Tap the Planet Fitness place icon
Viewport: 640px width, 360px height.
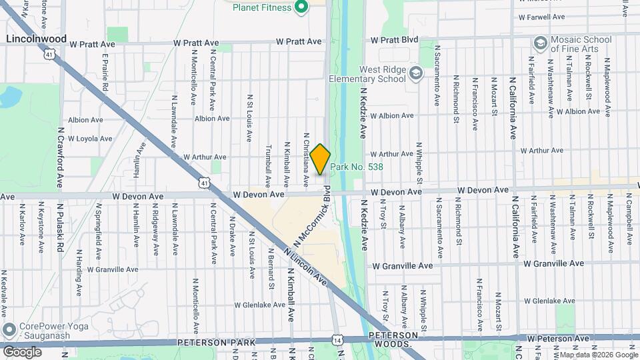click(x=301, y=7)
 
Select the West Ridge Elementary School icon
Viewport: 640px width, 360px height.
click(x=416, y=73)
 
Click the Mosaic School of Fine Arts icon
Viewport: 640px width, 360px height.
click(x=540, y=43)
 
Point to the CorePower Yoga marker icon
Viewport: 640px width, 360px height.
click(x=9, y=330)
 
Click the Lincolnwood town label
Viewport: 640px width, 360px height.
click(x=36, y=39)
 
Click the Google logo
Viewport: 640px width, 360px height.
click(x=22, y=351)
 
